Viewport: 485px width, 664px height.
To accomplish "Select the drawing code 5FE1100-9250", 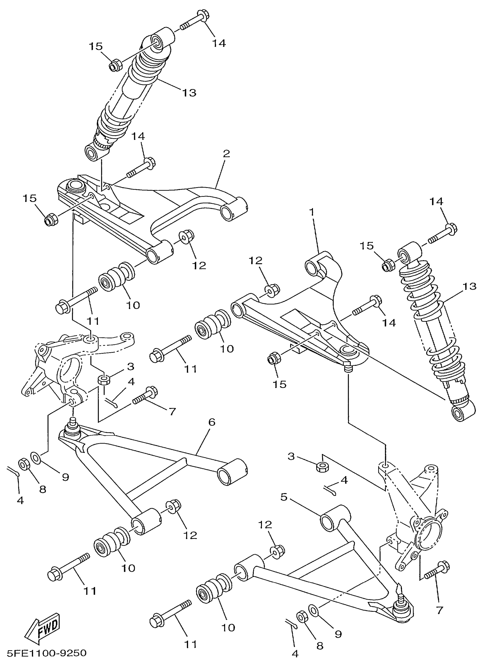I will [47, 653].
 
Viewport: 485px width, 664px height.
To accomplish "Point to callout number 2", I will [226, 154].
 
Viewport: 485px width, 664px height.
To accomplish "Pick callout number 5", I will [284, 497].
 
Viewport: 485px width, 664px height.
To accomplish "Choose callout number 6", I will [212, 422].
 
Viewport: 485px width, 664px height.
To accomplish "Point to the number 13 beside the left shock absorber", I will [189, 93].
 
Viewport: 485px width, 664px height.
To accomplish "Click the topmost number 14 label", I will [219, 43].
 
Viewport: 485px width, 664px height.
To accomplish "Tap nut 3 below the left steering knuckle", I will [103, 380].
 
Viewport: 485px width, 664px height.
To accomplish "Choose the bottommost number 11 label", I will [190, 645].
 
